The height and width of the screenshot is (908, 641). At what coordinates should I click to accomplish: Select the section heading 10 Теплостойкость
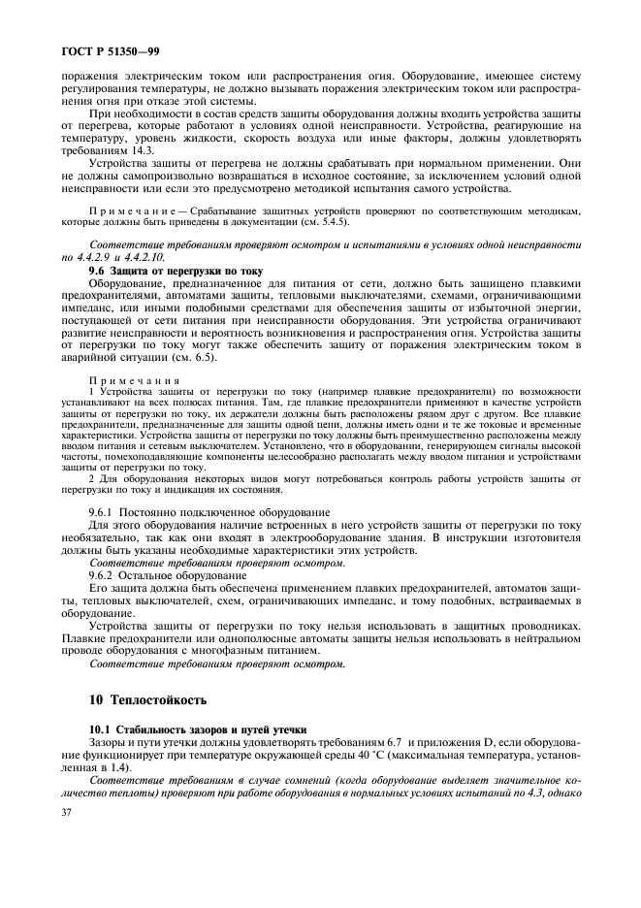pyautogui.click(x=136, y=698)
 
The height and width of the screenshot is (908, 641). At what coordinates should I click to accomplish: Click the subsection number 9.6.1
pyautogui.click(x=103, y=511)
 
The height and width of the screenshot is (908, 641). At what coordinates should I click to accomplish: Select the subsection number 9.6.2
pyautogui.click(x=103, y=575)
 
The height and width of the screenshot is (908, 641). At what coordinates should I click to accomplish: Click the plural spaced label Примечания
pyautogui.click(x=135, y=380)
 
